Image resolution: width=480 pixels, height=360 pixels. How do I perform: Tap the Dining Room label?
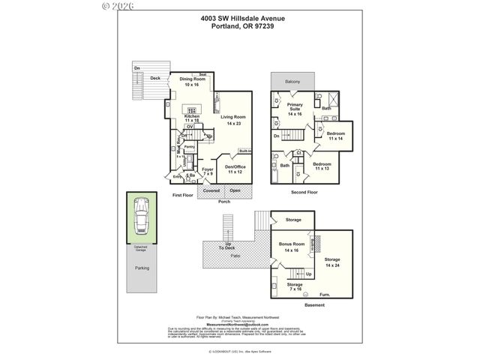coord(192,79)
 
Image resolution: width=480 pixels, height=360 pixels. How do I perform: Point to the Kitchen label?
coord(192,116)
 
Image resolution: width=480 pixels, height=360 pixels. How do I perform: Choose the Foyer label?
coord(208,169)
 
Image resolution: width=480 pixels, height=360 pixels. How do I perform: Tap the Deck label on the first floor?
coord(155,78)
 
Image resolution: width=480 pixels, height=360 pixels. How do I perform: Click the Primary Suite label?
coord(294,106)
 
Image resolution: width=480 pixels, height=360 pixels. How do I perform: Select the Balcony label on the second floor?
coord(293,81)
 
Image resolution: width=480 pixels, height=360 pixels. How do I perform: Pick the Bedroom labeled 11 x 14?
coord(334,134)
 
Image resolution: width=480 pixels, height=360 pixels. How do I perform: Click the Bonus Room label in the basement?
coord(292,245)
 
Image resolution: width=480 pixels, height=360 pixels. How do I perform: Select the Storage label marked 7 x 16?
coord(295,285)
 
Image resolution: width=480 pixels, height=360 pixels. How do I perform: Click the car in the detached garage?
coord(141,220)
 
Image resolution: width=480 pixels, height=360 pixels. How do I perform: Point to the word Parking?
coord(142,268)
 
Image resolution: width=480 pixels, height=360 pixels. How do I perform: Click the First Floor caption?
coord(183,194)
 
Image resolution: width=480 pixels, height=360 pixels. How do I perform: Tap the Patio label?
coord(235,256)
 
